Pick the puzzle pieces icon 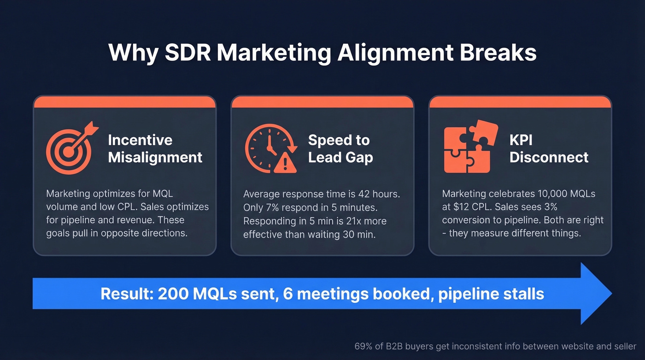[469, 147]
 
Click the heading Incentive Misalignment [155, 148]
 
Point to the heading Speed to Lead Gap [340, 148]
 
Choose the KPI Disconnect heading [549, 148]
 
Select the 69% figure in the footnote [363, 346]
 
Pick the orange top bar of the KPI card [520, 102]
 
